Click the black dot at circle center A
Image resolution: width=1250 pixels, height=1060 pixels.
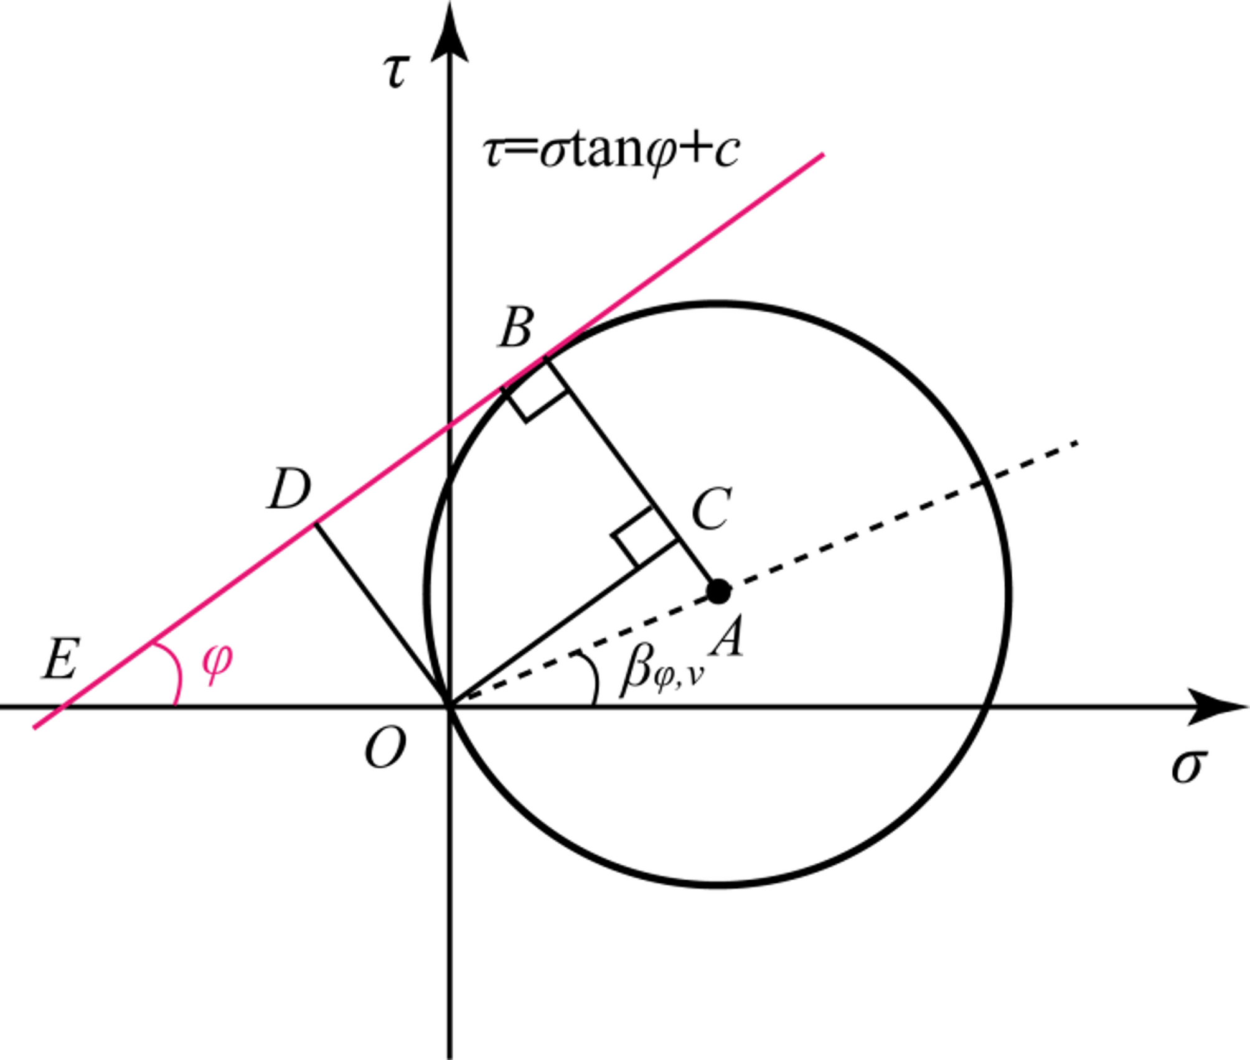pos(719,591)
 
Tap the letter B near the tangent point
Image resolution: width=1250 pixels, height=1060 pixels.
pos(516,328)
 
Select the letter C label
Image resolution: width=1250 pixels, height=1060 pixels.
pos(711,508)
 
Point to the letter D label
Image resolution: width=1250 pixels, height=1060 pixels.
pos(289,490)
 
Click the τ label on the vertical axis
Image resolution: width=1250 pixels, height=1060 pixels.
pos(396,72)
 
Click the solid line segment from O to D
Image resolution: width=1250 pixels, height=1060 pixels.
pos(381,615)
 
